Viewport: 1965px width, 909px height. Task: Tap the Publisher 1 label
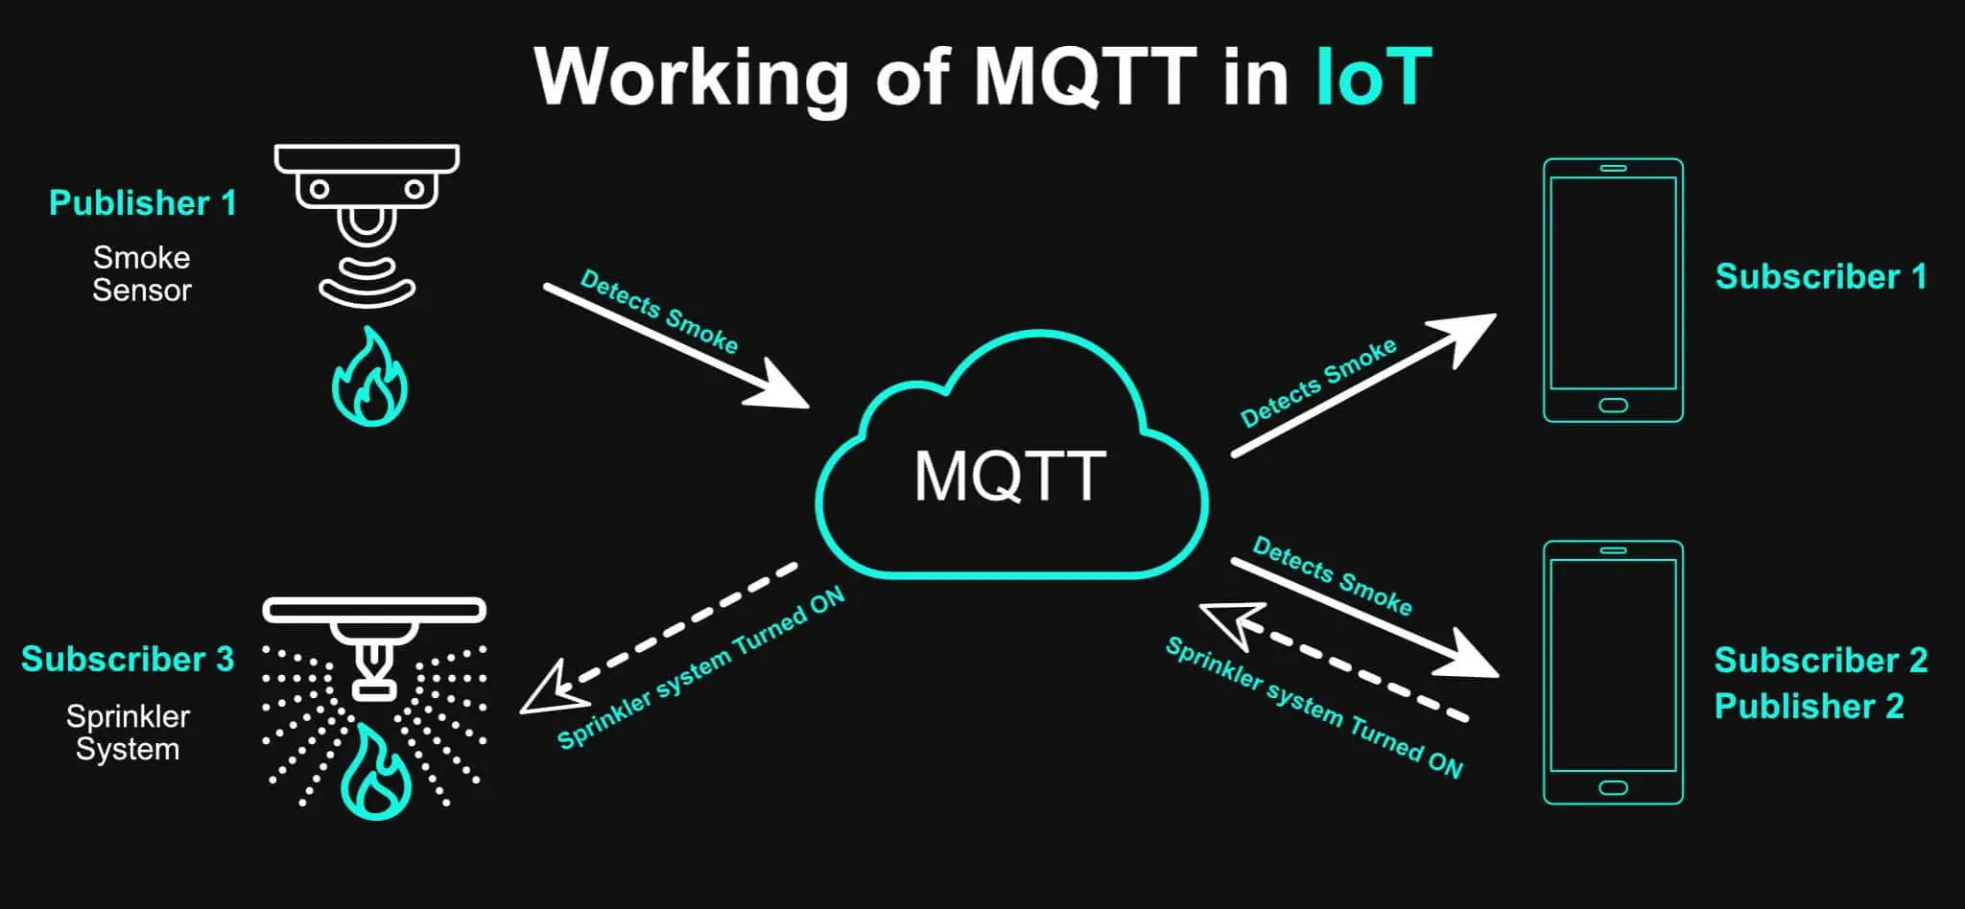coord(142,203)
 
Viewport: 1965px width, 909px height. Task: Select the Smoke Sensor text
coord(142,273)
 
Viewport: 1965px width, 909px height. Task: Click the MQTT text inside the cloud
coord(1010,476)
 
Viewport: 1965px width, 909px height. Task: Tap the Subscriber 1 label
coord(1820,277)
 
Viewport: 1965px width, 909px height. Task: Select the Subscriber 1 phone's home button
coord(1613,406)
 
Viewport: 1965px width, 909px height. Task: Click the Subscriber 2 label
coord(1820,661)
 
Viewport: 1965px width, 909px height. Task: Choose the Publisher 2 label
coord(1809,707)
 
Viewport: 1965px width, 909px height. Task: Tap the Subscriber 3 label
coord(128,660)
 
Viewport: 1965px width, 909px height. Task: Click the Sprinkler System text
coord(128,733)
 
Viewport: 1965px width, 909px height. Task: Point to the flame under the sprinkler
coord(376,775)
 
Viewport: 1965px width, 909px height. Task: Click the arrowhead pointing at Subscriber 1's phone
coord(1468,335)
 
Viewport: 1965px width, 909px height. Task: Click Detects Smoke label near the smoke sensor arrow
coord(659,312)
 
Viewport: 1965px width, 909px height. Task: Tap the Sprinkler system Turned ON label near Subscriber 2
coord(1314,709)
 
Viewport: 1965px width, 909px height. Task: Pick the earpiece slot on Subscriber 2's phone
coord(1613,550)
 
